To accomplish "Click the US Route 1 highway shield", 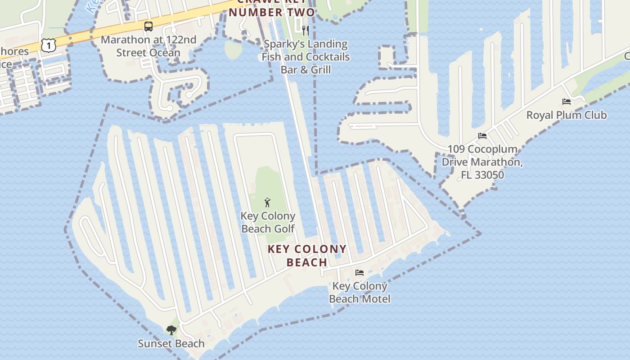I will tap(48, 45).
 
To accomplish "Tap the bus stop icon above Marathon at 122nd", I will tap(148, 27).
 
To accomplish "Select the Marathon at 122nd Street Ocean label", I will tap(148, 46).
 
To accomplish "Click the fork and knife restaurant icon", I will tap(306, 30).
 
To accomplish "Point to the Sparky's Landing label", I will tap(306, 44).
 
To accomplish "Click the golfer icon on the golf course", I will tap(268, 202).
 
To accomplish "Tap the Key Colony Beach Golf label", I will tap(268, 222).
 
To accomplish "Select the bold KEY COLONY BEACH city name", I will tap(307, 256).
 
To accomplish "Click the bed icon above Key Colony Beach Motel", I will tap(359, 273).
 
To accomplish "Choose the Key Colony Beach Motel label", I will tap(360, 292).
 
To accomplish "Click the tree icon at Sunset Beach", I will tap(171, 331).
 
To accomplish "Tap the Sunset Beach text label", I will tap(171, 344).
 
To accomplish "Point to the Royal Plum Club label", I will tap(567, 115).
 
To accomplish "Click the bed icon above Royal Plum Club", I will tap(567, 102).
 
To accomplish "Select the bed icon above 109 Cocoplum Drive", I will tap(482, 136).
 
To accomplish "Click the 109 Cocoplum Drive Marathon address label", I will tap(482, 162).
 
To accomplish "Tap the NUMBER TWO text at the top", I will tap(271, 12).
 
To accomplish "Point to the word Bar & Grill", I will tap(306, 70).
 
